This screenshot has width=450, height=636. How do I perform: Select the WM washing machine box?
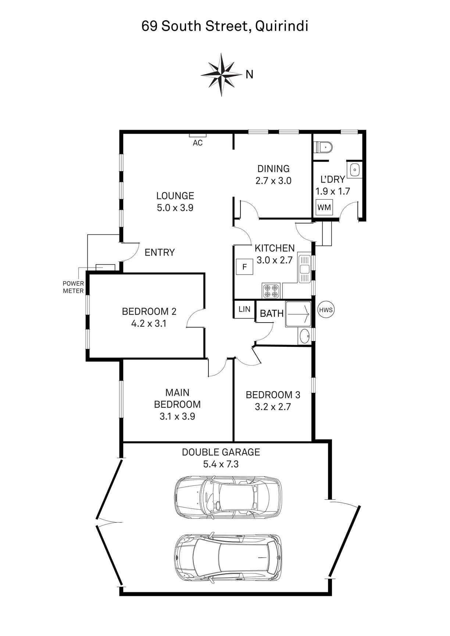(x=324, y=207)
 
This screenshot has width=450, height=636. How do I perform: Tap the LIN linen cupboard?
(x=244, y=309)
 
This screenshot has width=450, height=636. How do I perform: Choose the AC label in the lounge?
(x=198, y=143)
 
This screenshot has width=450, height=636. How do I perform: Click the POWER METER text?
(x=74, y=287)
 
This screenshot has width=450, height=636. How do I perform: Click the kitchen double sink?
(x=305, y=269)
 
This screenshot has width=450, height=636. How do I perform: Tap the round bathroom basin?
(x=304, y=336)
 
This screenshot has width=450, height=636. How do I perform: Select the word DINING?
(x=274, y=169)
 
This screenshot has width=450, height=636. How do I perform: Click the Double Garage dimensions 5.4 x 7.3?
(x=221, y=464)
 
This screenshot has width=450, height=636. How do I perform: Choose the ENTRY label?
(x=160, y=252)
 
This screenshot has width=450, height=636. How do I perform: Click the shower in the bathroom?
(x=298, y=315)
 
